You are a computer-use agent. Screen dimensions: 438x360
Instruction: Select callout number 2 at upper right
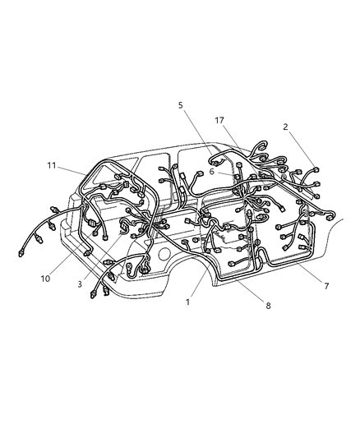[x=285, y=127]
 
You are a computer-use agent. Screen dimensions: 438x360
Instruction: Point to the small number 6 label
[x=211, y=171]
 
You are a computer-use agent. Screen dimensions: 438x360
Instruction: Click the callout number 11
[x=51, y=165]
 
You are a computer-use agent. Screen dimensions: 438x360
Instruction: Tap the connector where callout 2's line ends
[x=315, y=170]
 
